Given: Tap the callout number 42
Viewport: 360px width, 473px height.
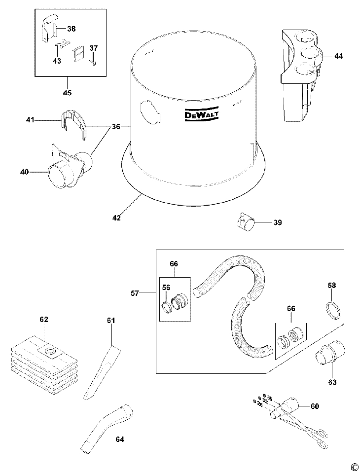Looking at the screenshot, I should (116, 217).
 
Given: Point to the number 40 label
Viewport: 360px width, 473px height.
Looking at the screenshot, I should (24, 172).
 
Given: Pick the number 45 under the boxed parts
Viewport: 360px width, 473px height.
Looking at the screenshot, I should (67, 93).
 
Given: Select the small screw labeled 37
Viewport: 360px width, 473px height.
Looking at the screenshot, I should (92, 63).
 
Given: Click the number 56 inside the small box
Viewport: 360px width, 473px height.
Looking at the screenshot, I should (166, 288).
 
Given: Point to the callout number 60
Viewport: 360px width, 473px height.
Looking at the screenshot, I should (314, 406).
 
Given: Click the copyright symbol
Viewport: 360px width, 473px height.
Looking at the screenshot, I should (354, 467).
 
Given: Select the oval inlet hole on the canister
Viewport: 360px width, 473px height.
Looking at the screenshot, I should (149, 111).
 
